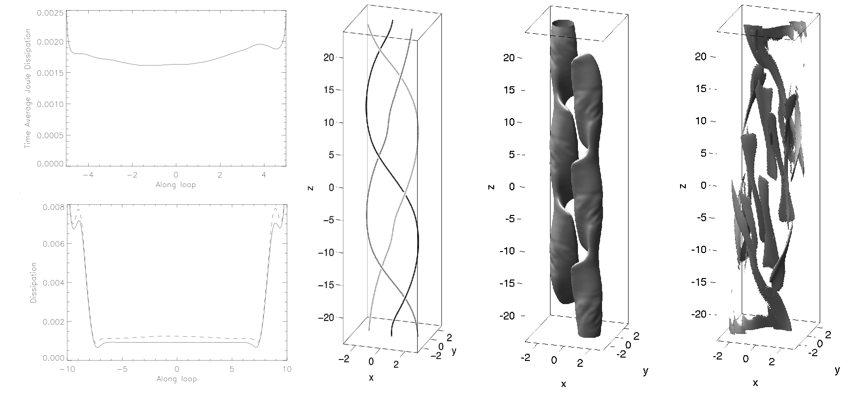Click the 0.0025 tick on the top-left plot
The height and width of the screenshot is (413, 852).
(x=50, y=13)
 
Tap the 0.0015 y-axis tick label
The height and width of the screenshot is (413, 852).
(x=50, y=73)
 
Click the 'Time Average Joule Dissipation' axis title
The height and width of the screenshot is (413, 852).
(x=28, y=89)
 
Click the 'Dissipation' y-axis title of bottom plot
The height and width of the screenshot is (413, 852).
(x=34, y=282)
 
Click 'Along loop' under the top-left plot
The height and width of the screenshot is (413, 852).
(x=176, y=185)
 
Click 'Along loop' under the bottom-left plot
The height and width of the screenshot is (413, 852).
(x=177, y=379)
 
